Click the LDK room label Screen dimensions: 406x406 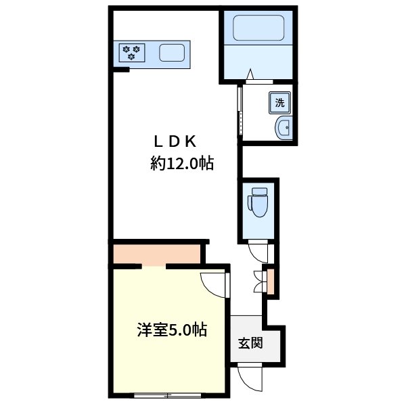174,141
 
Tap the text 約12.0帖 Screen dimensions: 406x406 182,163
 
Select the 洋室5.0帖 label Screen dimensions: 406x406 172,330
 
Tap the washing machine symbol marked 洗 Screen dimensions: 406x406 280,103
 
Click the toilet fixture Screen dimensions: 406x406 258,202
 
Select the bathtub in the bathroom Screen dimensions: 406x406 258,28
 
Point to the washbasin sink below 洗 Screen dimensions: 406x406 284,127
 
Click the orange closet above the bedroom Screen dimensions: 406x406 156,254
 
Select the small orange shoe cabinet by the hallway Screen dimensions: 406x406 271,281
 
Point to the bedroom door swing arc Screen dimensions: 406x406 214,284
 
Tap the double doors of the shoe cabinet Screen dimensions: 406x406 258,281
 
